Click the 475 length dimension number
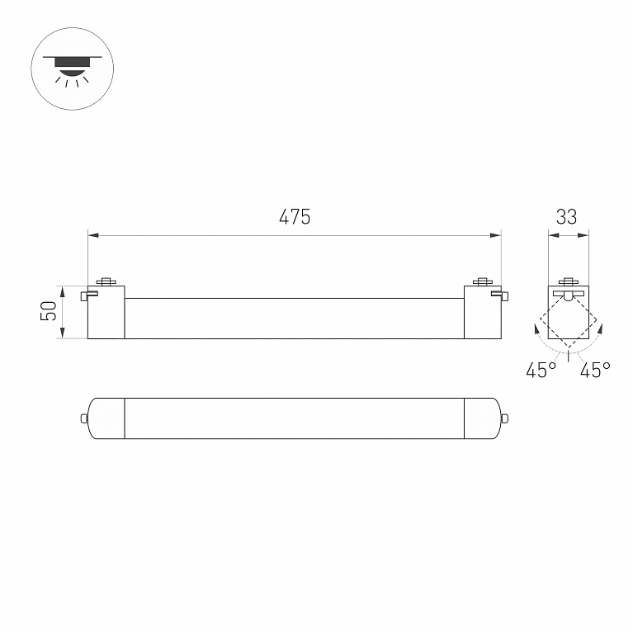tap(295, 217)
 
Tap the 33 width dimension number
tap(566, 217)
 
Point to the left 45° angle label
tap(541, 370)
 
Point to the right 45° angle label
tap(595, 370)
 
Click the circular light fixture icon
tap(73, 68)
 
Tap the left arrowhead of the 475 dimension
tap(93, 235)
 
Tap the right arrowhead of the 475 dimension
tap(495, 235)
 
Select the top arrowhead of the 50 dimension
tap(63, 291)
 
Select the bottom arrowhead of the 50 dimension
tap(63, 333)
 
